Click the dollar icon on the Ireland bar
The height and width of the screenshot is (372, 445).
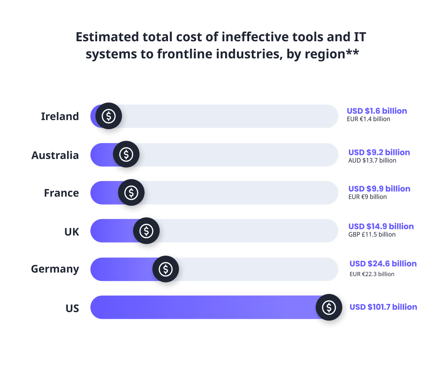109,116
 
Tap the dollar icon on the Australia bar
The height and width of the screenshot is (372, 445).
126,154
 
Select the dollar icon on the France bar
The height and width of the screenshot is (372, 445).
131,193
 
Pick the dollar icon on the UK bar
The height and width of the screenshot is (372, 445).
146,231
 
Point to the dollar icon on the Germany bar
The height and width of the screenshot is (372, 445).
165,269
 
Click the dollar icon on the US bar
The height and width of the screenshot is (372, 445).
329,307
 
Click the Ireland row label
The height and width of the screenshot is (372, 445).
60,116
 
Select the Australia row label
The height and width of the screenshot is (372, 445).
55,155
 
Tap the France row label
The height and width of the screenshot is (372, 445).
61,193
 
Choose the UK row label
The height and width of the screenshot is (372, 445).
72,232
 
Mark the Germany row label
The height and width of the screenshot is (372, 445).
55,269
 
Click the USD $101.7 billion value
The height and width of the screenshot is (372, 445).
383,307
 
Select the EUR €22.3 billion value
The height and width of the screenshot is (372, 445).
372,274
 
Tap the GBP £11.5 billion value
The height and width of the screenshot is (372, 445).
372,234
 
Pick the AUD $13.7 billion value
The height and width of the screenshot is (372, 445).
372,161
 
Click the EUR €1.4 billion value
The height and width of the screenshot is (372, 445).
369,119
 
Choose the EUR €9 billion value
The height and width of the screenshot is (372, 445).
367,197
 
